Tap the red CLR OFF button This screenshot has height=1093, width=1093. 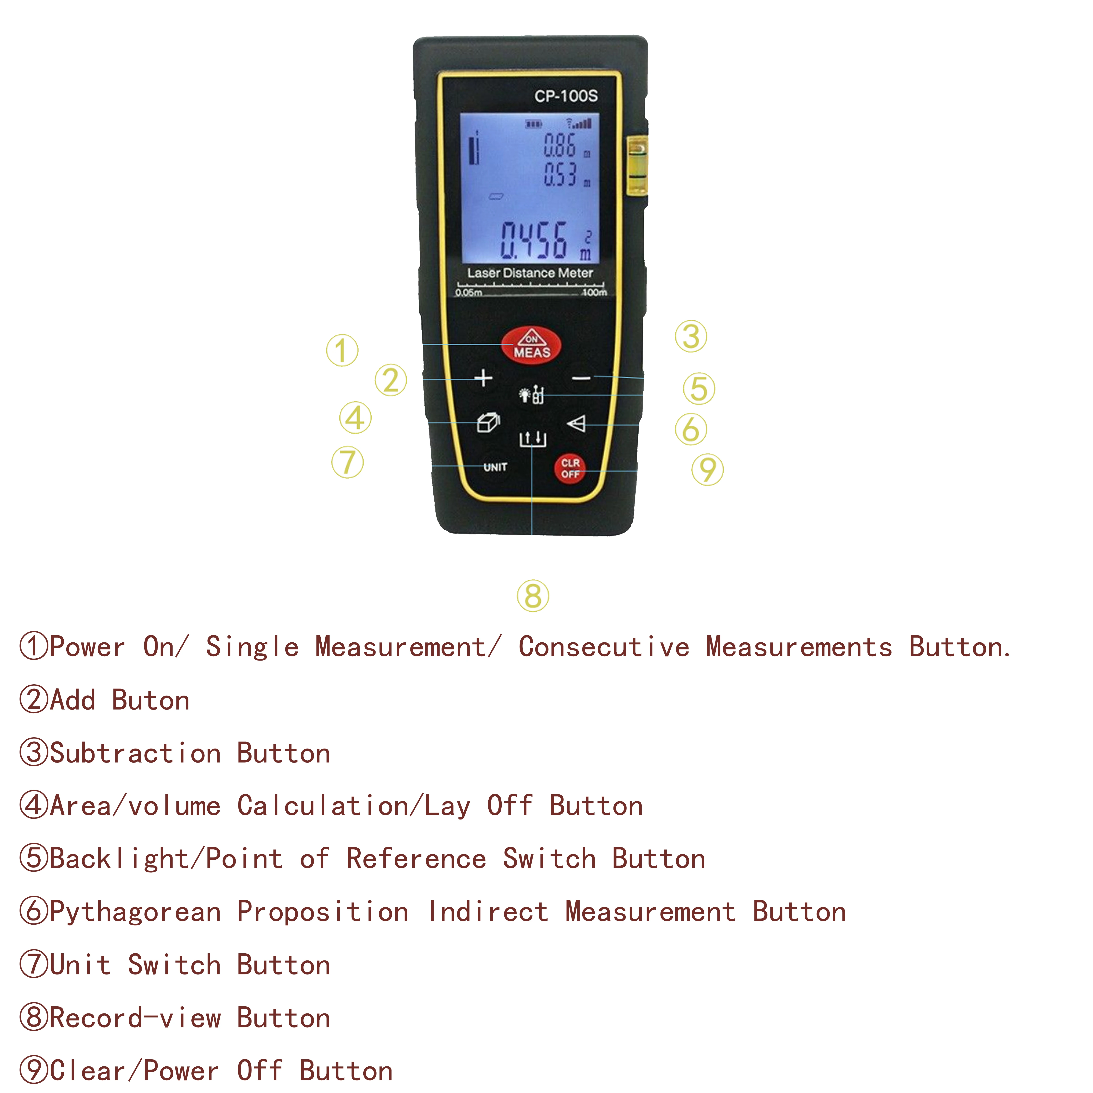[x=570, y=469]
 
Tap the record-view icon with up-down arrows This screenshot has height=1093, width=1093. [x=532, y=438]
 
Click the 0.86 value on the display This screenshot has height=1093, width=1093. [x=559, y=145]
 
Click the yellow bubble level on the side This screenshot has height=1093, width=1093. [x=638, y=165]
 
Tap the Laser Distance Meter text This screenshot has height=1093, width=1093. [x=530, y=273]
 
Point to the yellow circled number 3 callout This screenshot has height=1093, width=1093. [x=691, y=337]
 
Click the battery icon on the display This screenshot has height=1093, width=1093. [x=533, y=123]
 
